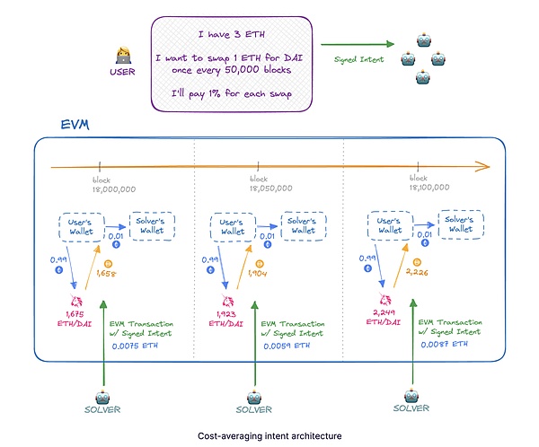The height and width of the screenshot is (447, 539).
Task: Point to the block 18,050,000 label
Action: (x=261, y=184)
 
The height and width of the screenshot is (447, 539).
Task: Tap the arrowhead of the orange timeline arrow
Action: (x=485, y=166)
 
